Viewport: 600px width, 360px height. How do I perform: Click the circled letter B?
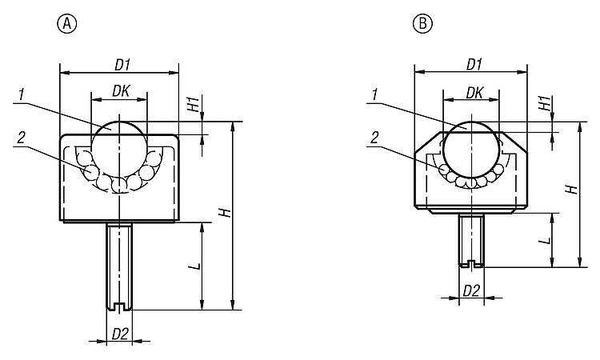point(422,24)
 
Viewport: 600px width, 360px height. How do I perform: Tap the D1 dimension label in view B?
point(474,63)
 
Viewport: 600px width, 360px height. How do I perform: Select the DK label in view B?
point(474,93)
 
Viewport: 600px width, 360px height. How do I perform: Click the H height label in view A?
point(226,213)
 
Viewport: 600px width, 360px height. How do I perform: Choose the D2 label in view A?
point(119,332)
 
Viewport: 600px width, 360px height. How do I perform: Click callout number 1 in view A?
point(20,95)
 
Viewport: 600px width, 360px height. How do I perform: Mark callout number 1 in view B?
point(374,95)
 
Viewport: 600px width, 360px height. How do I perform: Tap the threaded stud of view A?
point(118,264)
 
